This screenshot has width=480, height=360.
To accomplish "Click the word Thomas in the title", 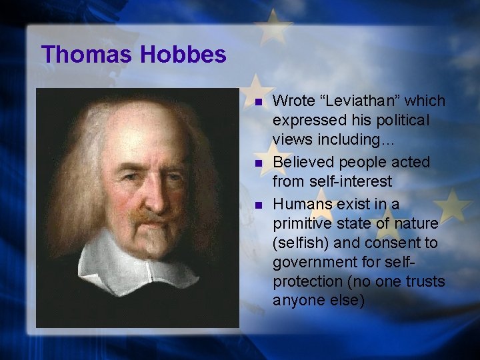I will pyautogui.click(x=86, y=54).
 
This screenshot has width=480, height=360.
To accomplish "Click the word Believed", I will pyautogui.click(x=304, y=162).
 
